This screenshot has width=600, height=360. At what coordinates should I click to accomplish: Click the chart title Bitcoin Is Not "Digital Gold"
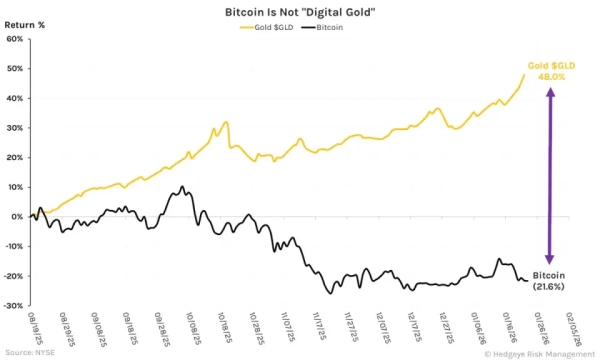click(x=300, y=9)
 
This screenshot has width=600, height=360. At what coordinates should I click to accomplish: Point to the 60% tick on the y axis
click(x=15, y=39)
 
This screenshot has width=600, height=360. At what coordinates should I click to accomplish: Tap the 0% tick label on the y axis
click(x=17, y=216)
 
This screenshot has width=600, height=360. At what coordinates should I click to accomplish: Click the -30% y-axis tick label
click(x=13, y=305)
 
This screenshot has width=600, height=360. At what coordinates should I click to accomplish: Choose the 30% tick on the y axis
click(x=15, y=128)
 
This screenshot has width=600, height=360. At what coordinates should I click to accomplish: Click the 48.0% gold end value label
click(x=552, y=75)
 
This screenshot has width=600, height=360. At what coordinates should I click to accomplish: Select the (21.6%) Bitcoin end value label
click(x=551, y=287)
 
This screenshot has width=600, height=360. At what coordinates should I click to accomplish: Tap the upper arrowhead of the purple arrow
click(x=547, y=92)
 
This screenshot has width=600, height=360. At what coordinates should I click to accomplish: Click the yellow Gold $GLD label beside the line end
click(x=552, y=63)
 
